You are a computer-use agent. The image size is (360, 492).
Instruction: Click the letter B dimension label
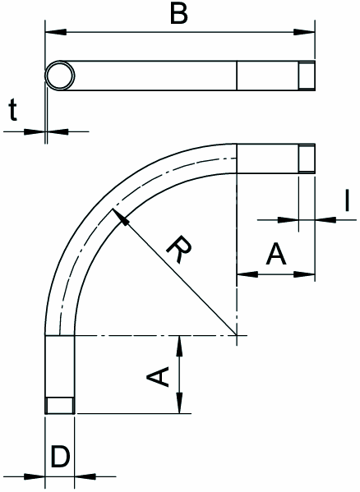(x=179, y=15)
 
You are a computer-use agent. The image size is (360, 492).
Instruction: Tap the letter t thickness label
(x=13, y=109)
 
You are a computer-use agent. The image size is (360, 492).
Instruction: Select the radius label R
(x=179, y=250)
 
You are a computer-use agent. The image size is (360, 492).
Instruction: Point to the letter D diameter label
(x=60, y=458)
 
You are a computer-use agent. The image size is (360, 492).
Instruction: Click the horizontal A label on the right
(x=276, y=254)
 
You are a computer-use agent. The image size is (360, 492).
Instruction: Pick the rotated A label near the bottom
(x=158, y=376)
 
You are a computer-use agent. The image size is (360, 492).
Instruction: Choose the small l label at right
(x=347, y=201)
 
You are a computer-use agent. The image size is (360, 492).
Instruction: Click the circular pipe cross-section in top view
(x=60, y=76)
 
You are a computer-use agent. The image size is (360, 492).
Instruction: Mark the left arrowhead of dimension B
(x=56, y=32)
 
